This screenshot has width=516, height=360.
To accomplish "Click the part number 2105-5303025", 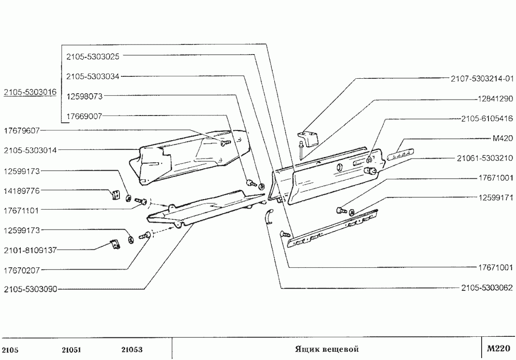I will tap(93, 56).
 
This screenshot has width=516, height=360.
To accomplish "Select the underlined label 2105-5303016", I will tap(29, 92).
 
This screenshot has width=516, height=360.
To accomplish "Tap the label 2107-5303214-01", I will tap(482, 78).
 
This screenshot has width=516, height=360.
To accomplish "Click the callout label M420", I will tap(502, 138).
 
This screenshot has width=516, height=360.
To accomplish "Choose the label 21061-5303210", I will tap(485, 158).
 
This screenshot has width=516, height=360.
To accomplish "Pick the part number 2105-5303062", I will tap(487, 288).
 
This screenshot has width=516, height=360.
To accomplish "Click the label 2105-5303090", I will tap(30, 289).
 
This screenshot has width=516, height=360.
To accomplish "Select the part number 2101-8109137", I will tap(30, 250).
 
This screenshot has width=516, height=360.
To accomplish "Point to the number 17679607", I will tap(22, 130).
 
